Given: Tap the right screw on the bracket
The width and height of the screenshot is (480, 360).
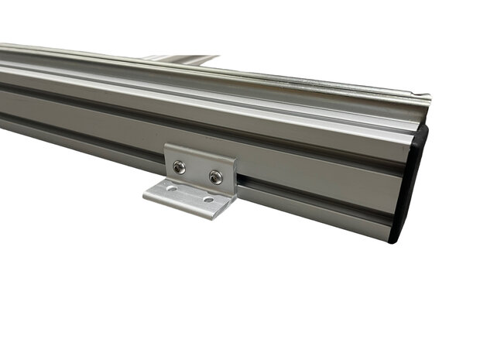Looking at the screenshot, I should [215, 177].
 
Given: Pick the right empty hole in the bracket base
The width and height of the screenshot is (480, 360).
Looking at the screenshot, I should [207, 200].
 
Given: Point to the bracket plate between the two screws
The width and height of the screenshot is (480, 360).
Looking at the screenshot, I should [197, 171].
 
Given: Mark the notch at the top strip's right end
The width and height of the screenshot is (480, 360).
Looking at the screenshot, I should [423, 98].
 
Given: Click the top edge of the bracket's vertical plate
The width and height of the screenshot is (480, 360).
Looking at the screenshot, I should [200, 153].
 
